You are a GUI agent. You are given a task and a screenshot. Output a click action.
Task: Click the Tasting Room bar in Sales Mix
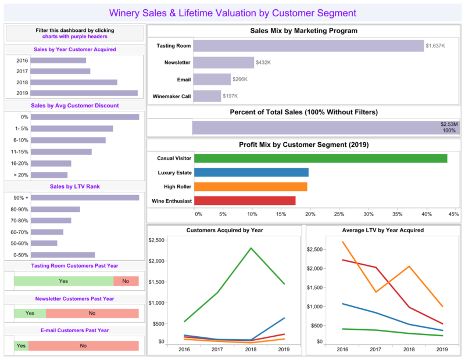(x=308, y=46)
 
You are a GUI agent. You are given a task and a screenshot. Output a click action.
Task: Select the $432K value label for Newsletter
(x=265, y=62)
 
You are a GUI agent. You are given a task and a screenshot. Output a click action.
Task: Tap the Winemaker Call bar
(x=207, y=96)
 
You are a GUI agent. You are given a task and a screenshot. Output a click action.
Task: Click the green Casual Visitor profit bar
(x=320, y=158)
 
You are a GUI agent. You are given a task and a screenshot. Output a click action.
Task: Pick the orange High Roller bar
(x=251, y=186)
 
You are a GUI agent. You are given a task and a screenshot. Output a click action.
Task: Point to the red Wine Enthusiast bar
(x=245, y=201)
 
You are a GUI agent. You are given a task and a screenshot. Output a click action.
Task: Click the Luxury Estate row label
(x=174, y=172)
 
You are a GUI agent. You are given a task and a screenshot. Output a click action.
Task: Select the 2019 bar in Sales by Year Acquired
(x=84, y=93)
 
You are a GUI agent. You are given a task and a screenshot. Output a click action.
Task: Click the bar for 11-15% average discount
(x=61, y=152)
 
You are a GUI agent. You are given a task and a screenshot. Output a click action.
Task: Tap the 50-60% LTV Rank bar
(x=44, y=243)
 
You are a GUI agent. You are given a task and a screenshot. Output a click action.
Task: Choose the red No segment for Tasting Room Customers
(x=126, y=281)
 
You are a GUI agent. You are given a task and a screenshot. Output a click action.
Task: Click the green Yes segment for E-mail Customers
(x=22, y=345)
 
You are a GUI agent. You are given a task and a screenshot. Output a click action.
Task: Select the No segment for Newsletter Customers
(x=92, y=313)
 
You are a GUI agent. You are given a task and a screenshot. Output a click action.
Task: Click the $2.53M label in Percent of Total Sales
(x=449, y=124)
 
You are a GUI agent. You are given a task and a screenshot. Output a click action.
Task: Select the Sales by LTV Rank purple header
(x=74, y=186)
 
